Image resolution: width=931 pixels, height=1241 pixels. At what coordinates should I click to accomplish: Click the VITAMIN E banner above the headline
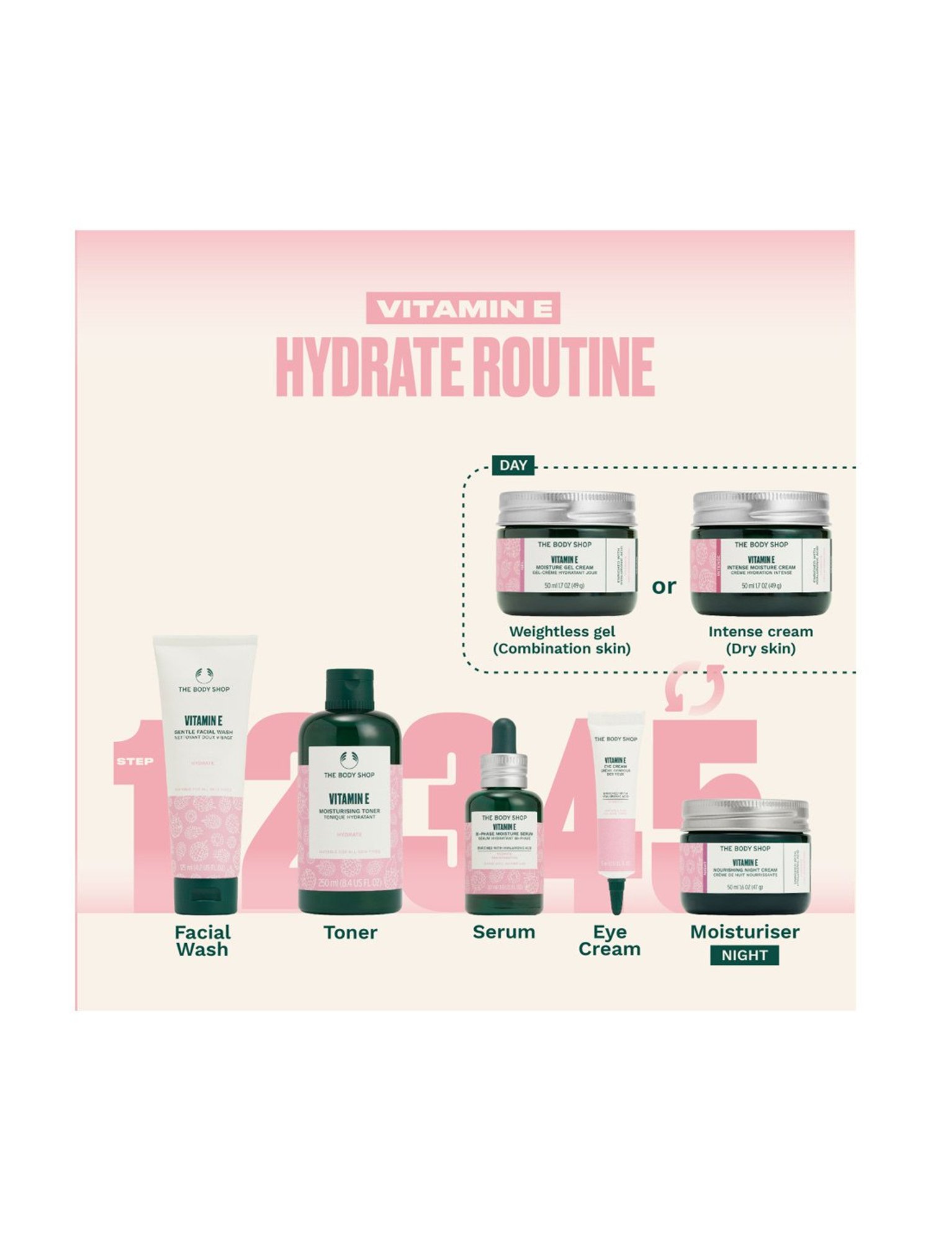(x=463, y=308)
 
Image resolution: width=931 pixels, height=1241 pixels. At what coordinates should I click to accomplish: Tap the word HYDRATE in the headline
(x=369, y=367)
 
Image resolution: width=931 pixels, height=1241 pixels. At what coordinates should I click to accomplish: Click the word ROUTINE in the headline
(x=564, y=367)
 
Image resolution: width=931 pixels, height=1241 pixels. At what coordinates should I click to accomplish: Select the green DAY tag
(x=513, y=465)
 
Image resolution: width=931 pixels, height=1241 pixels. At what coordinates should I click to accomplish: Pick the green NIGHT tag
(x=744, y=955)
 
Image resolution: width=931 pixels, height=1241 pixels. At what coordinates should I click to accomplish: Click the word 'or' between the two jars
(x=663, y=586)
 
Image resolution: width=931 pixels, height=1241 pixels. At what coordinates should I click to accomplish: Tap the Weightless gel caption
(x=562, y=640)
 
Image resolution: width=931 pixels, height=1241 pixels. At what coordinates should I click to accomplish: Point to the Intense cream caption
(x=760, y=640)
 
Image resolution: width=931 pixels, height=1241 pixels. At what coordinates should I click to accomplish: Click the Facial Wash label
(x=202, y=941)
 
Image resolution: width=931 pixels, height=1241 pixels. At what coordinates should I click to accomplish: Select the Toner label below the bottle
(x=350, y=933)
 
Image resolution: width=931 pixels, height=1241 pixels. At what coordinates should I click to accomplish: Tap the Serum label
(x=503, y=932)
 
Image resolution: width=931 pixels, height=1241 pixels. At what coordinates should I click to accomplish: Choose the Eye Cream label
(x=609, y=940)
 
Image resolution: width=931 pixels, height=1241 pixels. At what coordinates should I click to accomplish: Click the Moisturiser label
(x=745, y=931)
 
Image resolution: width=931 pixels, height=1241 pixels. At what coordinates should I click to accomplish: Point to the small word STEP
(x=135, y=761)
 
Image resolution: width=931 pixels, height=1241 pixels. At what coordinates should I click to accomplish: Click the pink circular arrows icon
(x=695, y=689)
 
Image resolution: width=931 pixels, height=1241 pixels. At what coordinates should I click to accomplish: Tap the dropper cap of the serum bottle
(x=504, y=738)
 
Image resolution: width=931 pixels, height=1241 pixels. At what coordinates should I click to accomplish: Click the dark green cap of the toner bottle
(x=349, y=690)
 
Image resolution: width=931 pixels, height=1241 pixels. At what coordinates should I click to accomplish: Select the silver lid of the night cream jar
(x=745, y=815)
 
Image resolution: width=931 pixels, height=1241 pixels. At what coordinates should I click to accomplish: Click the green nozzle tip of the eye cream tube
(x=616, y=895)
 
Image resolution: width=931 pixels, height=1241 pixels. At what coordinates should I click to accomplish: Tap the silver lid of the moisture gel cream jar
(x=567, y=508)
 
